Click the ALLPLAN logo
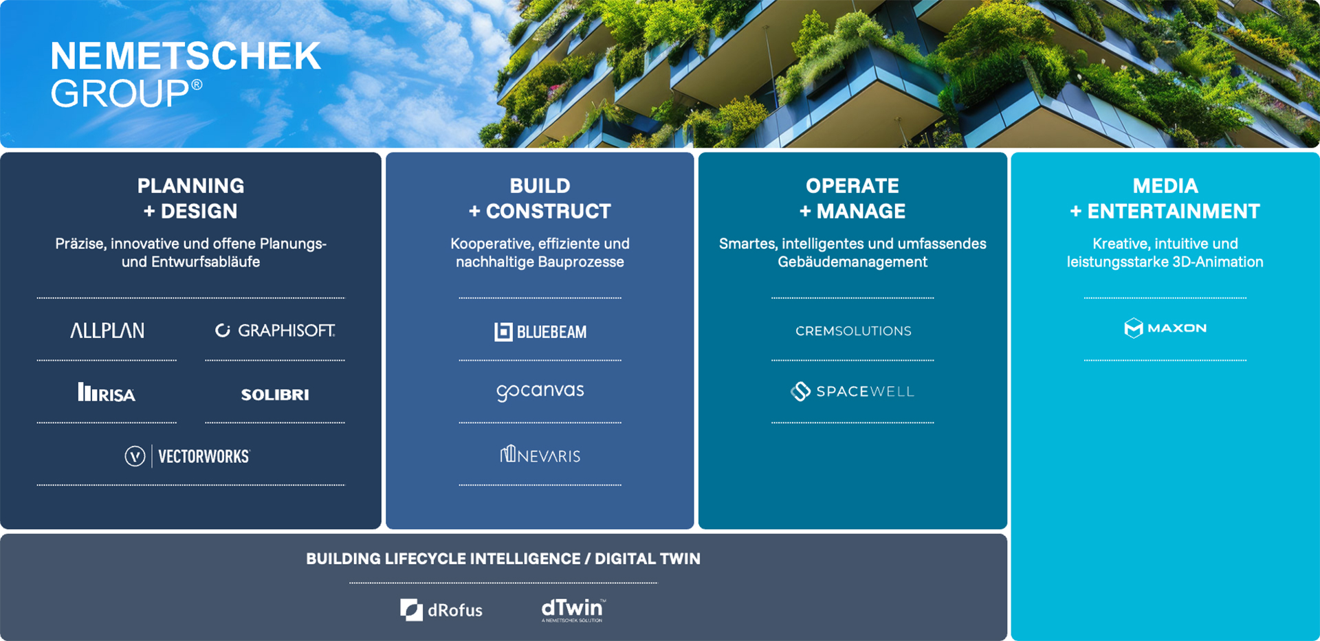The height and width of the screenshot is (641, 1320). pos(107,330)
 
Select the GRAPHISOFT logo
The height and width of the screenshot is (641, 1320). pos(275,330)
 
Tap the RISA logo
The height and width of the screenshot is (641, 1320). pos(107,392)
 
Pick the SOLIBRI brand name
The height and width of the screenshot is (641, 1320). pos(275,394)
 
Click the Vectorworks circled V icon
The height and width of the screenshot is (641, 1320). pos(135,456)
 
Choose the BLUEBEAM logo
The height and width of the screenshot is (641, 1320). pos(540,332)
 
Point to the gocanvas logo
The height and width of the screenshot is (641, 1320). pos(540,392)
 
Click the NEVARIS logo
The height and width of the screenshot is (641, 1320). pos(540,455)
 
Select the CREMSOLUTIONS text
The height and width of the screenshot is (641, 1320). pos(853,331)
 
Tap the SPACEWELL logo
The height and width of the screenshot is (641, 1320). pos(852,392)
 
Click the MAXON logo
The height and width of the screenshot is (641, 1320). pos(1165,328)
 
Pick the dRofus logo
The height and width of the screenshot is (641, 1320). pos(441,610)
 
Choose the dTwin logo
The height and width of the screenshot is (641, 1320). pos(573,609)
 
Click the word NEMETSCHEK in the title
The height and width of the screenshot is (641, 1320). pos(186,56)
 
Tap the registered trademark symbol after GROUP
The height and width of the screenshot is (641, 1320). pos(197,85)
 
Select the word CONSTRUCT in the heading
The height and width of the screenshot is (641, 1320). pos(549,211)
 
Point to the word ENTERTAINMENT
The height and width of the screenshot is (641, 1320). pos(1174,211)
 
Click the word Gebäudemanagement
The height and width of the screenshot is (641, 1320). pos(852,262)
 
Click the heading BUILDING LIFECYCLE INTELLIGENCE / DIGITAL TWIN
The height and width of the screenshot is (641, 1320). pos(503,559)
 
